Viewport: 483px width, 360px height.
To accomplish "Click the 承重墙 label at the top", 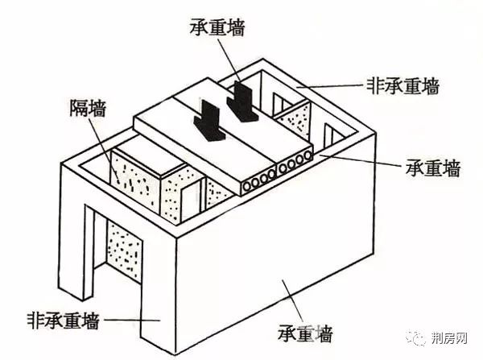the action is [x=217, y=27].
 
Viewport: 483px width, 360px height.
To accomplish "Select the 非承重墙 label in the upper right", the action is [x=403, y=85].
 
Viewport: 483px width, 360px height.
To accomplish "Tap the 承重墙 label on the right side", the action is [x=432, y=168].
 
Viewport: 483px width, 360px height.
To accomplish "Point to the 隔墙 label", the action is [x=88, y=108].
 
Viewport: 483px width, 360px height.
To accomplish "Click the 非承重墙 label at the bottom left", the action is [x=64, y=321].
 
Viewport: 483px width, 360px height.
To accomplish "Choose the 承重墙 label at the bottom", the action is [x=305, y=333].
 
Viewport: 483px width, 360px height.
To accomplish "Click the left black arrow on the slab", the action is [x=208, y=120].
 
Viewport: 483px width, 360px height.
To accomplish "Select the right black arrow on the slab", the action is [x=242, y=101].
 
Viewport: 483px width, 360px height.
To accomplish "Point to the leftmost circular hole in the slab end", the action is [x=247, y=186].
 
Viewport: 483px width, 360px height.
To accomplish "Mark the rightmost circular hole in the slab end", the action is [x=308, y=156].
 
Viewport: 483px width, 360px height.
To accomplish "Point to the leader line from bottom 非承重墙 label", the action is [x=132, y=321].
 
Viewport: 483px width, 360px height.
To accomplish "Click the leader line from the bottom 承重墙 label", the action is [x=292, y=301].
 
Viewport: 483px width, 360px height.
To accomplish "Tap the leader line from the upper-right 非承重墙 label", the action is [x=329, y=86].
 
